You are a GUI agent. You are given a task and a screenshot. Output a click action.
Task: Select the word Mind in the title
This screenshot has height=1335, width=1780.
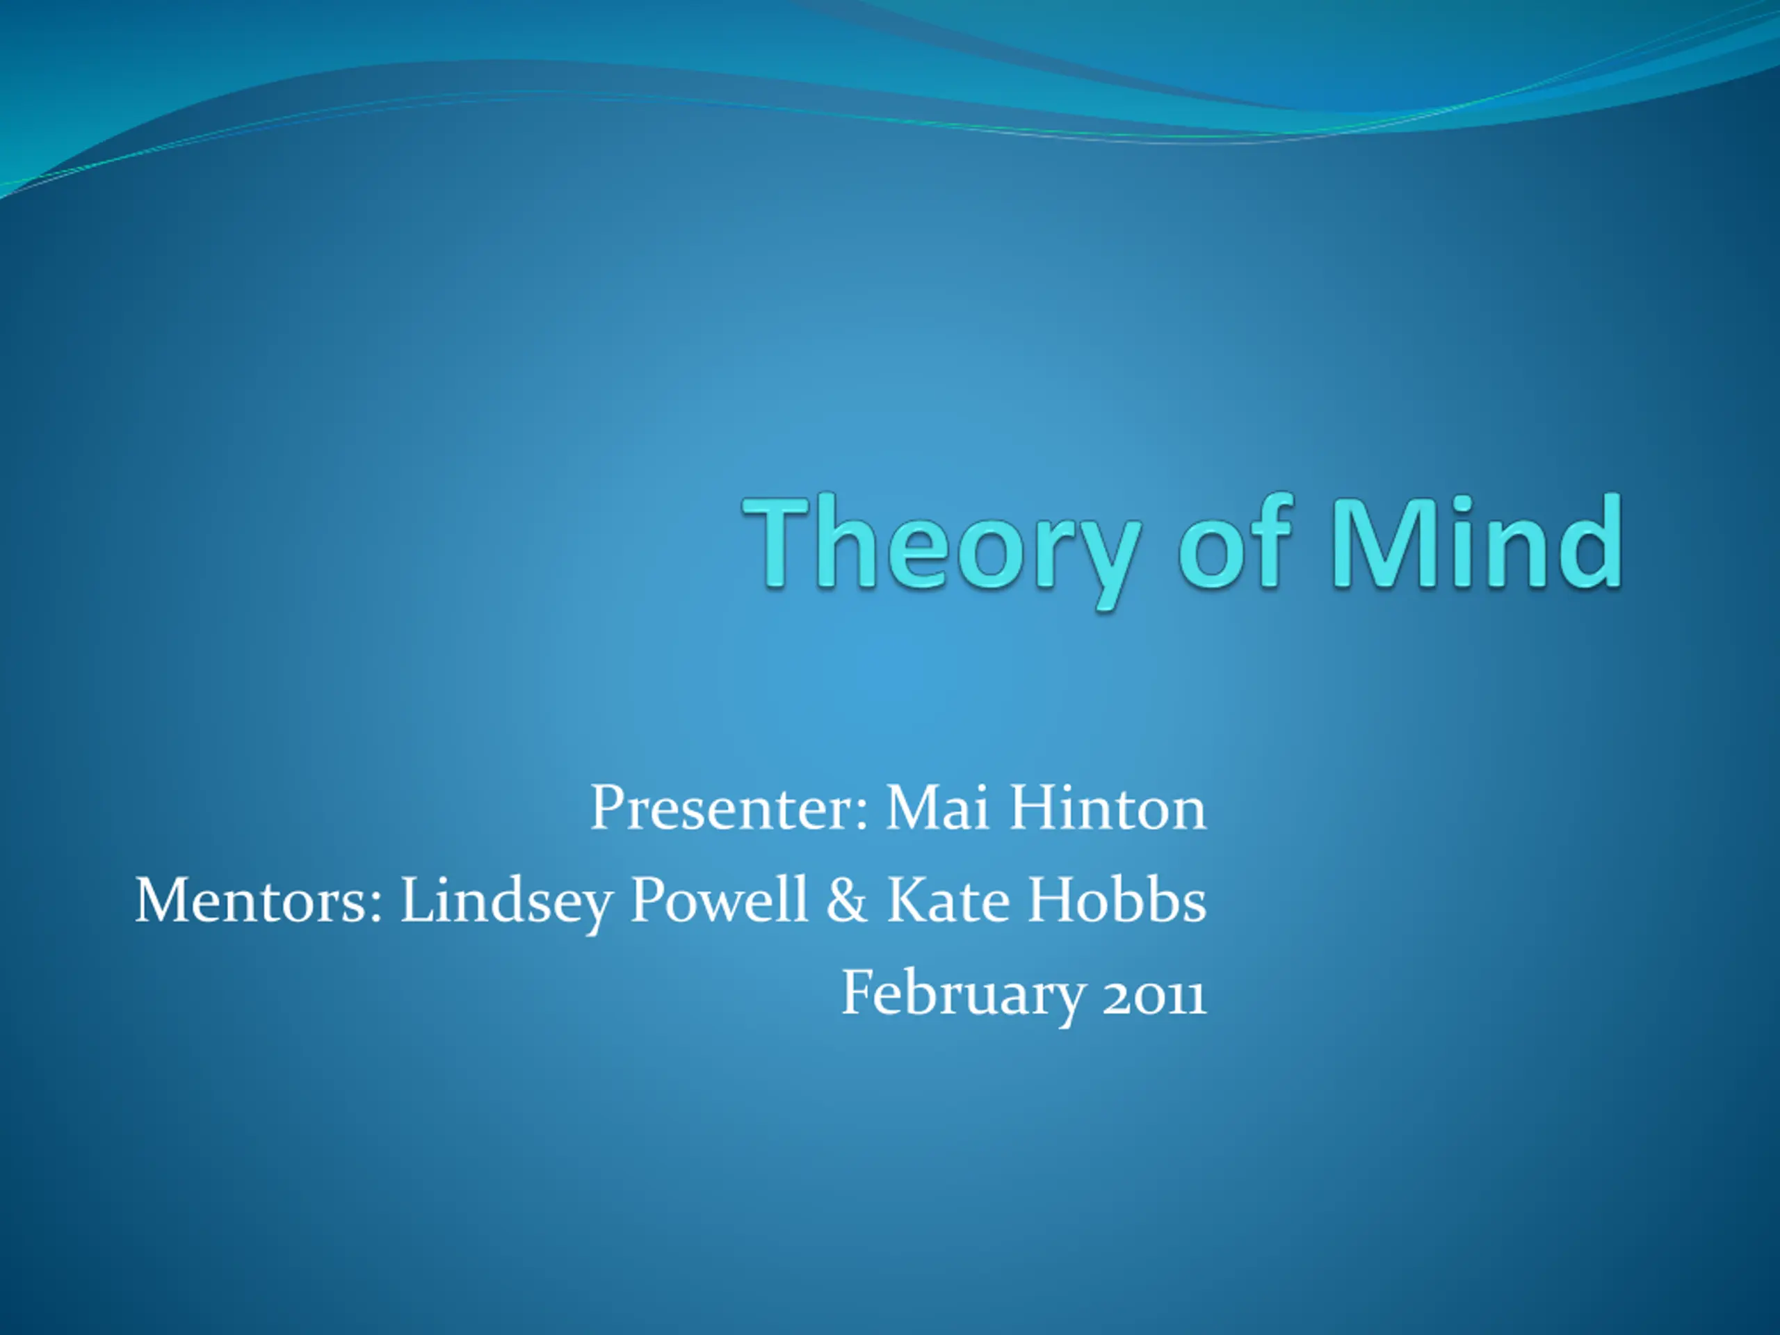tap(1477, 541)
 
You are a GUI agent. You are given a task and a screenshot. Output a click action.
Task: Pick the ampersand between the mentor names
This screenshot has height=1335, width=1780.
tap(847, 899)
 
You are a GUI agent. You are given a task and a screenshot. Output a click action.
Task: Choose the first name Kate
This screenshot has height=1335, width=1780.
tap(948, 899)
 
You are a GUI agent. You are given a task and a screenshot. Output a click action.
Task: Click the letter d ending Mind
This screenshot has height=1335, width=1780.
tap(1590, 541)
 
